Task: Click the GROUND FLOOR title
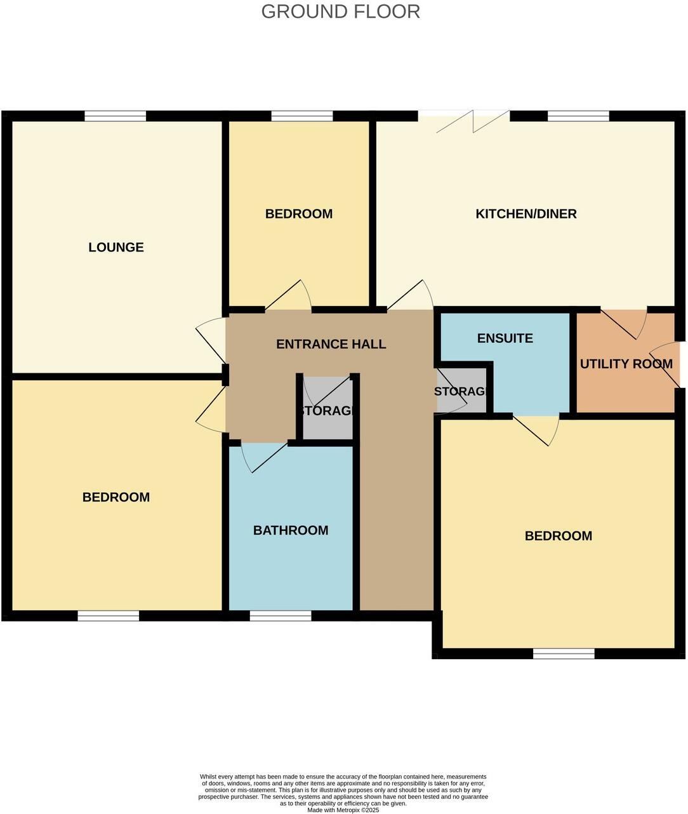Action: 340,11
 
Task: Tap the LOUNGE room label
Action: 116,247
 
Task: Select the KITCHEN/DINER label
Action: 526,214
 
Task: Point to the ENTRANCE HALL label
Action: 331,344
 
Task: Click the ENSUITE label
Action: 505,338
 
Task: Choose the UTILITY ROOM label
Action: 626,364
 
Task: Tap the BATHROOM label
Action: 291,530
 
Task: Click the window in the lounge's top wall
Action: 116,116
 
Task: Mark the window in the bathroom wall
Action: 281,615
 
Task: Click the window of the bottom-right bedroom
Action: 564,653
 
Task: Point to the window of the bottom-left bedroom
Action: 109,615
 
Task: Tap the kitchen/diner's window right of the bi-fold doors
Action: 578,116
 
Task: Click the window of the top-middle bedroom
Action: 302,116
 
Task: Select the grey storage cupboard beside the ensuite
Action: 462,391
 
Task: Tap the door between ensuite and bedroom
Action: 536,426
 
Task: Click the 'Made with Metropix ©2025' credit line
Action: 343,810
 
